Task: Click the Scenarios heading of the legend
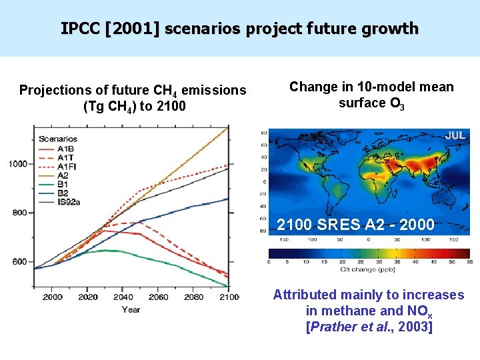(58, 139)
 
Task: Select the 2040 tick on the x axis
(123, 297)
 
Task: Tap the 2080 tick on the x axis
(194, 297)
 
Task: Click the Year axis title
(131, 309)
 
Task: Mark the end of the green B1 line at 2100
(228, 286)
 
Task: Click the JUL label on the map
(455, 135)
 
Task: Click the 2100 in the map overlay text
(294, 225)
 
